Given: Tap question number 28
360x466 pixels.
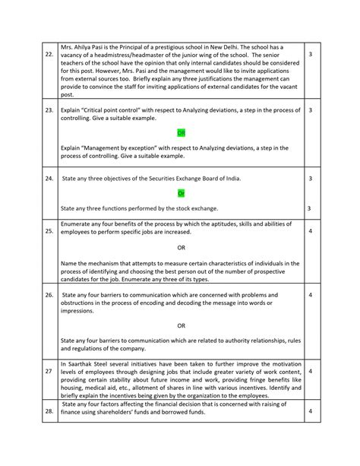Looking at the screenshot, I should coord(49,433).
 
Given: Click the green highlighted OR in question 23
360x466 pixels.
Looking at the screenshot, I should coord(181,132).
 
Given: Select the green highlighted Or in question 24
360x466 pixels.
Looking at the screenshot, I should coord(181,193).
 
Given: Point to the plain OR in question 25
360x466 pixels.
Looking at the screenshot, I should coord(181,247).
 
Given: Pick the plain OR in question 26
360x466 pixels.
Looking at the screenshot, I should coord(181,325).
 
